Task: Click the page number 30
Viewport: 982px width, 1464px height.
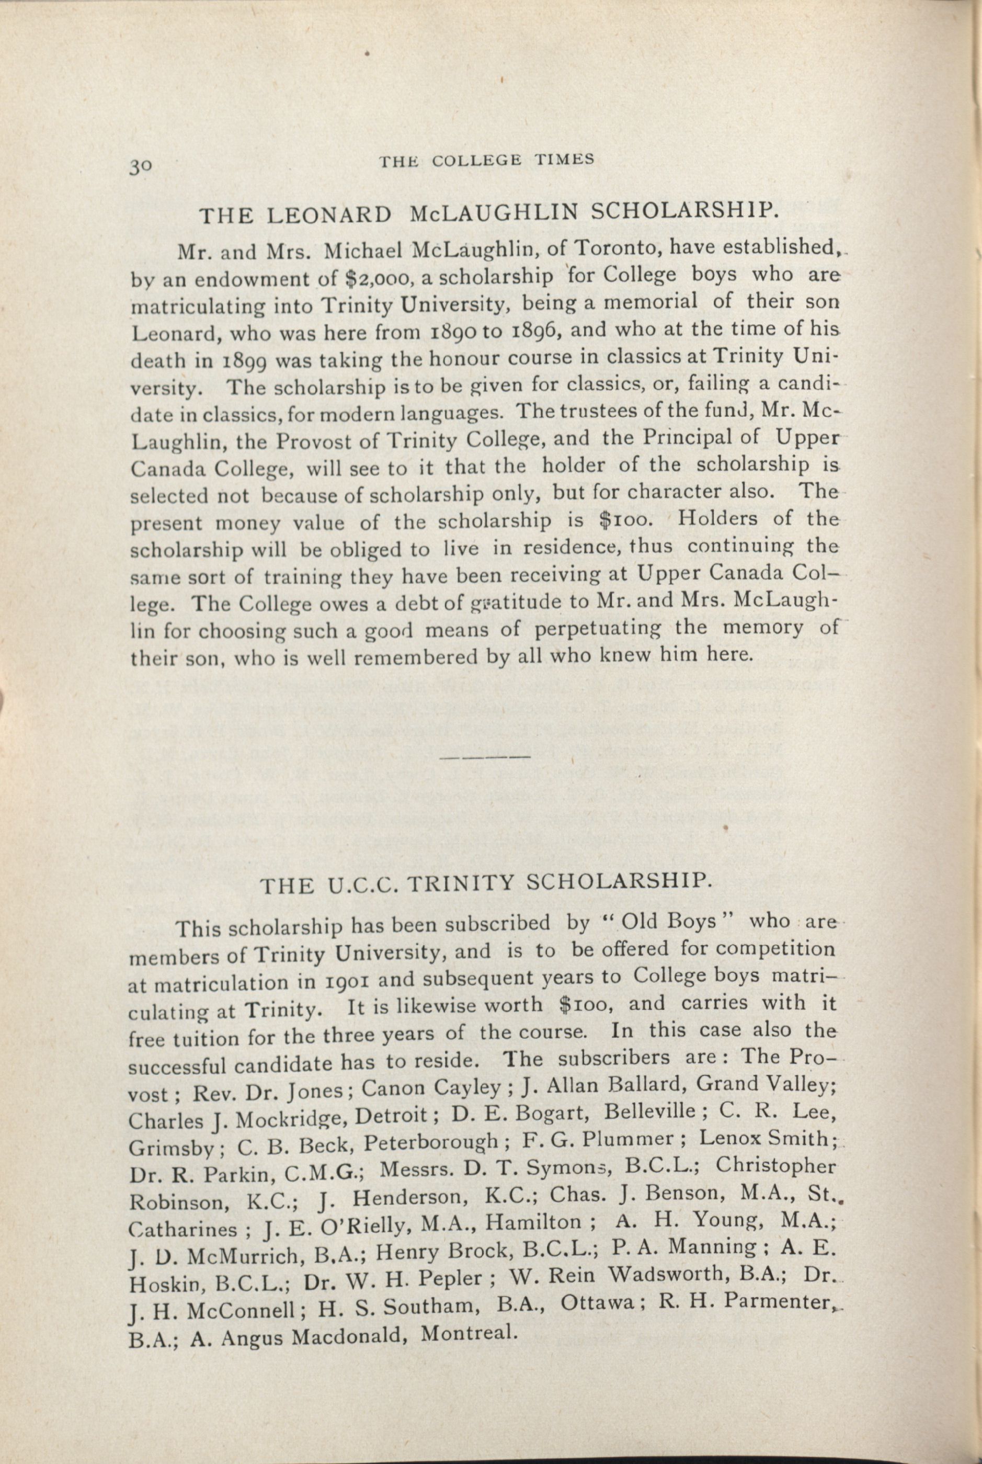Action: [140, 165]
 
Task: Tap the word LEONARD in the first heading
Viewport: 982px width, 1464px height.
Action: [330, 215]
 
